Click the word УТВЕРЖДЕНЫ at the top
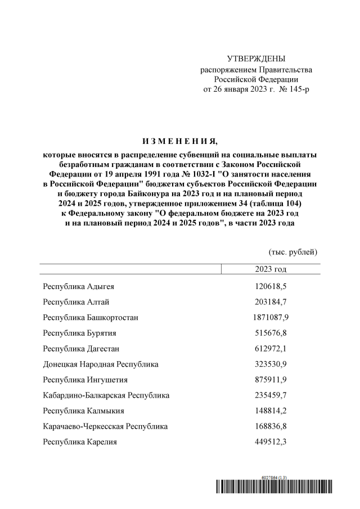tap(256, 59)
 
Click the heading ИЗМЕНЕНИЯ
tap(180, 140)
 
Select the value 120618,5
tap(271, 286)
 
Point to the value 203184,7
tap(271, 302)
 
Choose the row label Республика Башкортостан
tap(91, 318)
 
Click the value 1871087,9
tap(271, 318)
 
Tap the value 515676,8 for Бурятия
tap(271, 333)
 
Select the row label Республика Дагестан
tap(81, 349)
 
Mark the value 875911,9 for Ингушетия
tap(271, 380)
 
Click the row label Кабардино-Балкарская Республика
tap(106, 395)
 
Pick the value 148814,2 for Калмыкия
tap(271, 411)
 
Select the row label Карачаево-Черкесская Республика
tap(105, 426)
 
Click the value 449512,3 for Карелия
tap(271, 442)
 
